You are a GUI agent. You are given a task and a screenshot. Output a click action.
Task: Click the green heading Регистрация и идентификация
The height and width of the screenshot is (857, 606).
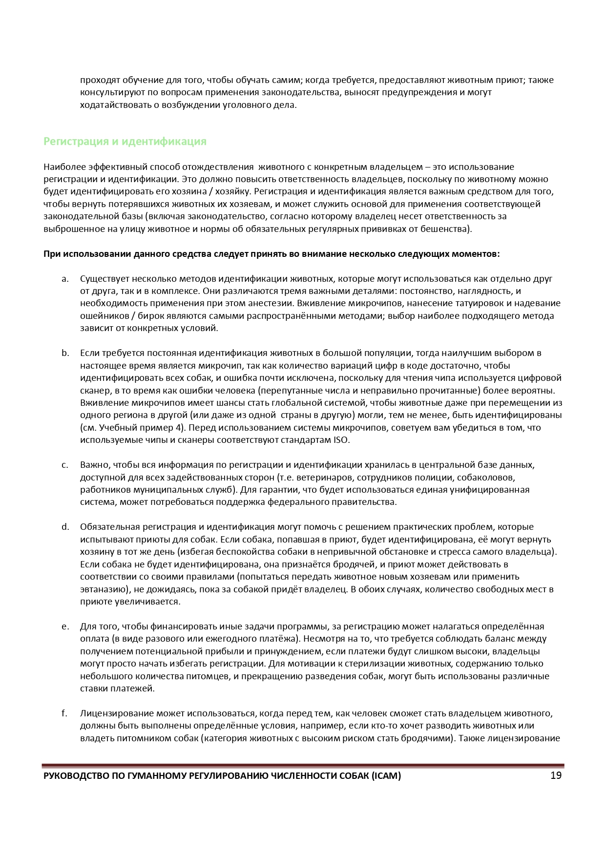125,142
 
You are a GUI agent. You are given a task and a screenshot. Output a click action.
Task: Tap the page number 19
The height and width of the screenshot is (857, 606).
556,775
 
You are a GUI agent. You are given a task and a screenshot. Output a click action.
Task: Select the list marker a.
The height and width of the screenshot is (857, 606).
65,279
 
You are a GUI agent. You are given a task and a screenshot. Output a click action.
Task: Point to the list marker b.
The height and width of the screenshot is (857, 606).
65,353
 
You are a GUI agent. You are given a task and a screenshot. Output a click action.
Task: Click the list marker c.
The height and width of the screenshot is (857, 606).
65,465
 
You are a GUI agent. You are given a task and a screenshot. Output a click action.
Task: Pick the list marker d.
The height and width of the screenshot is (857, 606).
65,527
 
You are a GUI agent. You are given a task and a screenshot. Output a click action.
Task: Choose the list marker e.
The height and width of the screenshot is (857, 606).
65,627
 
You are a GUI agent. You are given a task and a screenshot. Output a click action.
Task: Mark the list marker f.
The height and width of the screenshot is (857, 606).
64,713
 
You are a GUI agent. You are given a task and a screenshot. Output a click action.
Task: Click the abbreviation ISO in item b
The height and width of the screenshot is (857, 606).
341,440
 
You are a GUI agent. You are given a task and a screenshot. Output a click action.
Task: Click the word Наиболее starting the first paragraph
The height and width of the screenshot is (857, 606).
61,167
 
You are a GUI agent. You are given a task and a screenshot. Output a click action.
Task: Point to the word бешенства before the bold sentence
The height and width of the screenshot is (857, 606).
449,229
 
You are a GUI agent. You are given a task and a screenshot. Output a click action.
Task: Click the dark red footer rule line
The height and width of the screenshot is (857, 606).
303,766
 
